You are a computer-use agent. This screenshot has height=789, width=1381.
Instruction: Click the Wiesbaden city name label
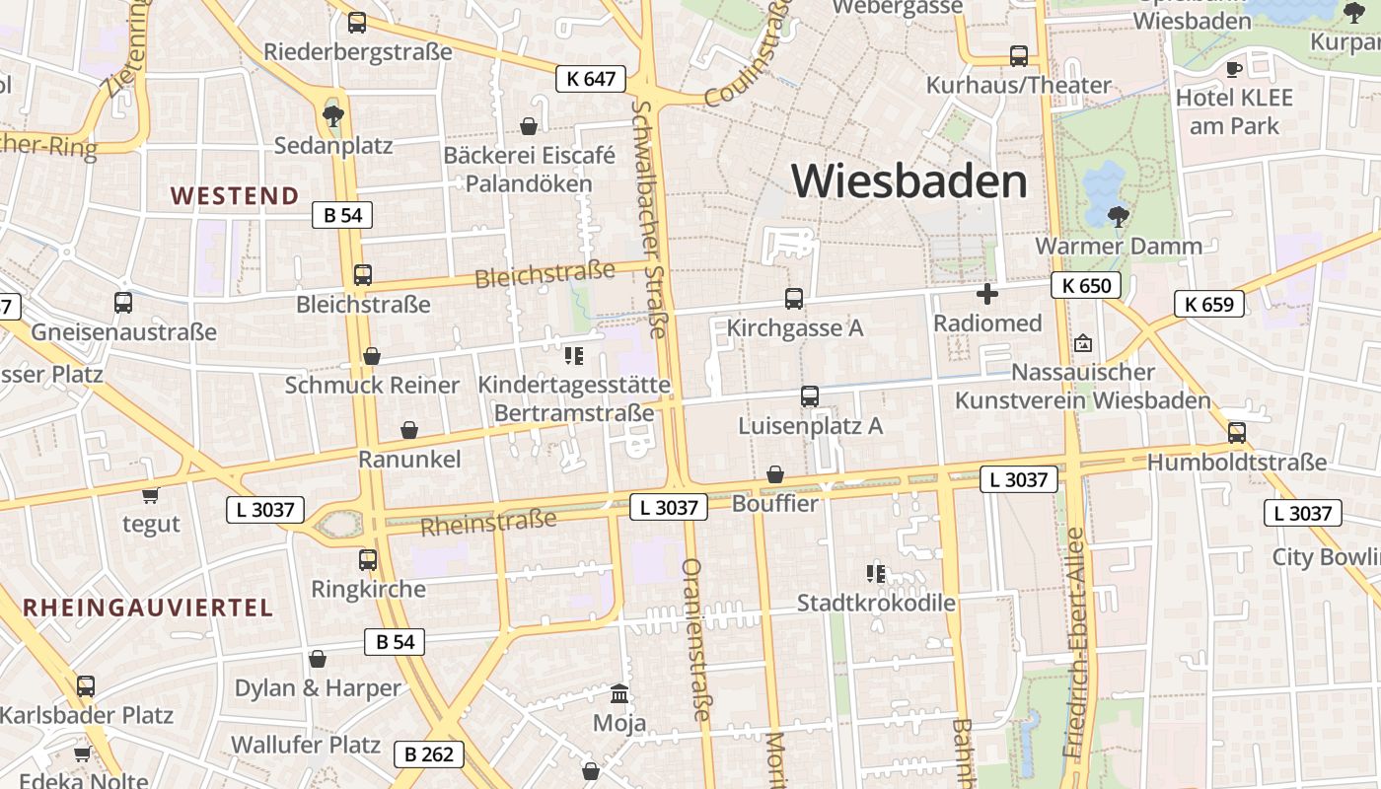(909, 181)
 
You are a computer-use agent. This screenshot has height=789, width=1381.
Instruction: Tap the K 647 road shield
(591, 79)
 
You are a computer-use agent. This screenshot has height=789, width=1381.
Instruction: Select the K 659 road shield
(1208, 304)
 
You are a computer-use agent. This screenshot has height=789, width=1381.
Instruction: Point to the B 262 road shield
(429, 754)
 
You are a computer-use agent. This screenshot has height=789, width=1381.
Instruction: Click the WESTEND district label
(235, 195)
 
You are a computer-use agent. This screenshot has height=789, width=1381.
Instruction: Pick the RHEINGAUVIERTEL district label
(148, 608)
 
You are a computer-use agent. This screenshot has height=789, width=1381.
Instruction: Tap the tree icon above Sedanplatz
(333, 115)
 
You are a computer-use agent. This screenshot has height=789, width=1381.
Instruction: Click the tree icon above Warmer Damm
(1118, 216)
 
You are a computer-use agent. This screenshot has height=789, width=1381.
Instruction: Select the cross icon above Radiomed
(986, 294)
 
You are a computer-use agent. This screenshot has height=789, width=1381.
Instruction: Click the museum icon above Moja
(619, 693)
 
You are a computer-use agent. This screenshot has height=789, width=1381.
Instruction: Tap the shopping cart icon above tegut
(150, 495)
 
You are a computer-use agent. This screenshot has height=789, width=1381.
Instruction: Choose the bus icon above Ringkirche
(368, 560)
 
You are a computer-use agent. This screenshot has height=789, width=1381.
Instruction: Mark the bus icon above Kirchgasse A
(794, 298)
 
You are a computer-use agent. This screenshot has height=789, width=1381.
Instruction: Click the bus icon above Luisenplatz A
(810, 396)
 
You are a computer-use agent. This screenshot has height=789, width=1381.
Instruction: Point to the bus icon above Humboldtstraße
(1236, 432)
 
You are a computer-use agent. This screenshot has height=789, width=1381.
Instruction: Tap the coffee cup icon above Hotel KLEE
(1233, 69)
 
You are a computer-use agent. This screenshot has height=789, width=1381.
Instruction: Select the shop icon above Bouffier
(775, 474)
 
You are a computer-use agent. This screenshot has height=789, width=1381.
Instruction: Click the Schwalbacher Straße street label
(652, 218)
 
